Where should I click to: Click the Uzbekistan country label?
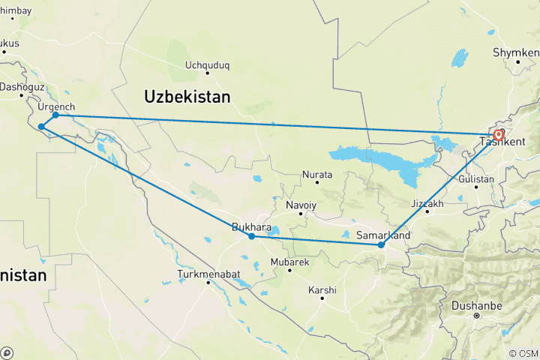pos(187,97)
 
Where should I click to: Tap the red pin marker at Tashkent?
pos(499,135)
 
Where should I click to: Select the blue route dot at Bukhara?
pos(252,236)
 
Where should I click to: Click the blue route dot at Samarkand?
pos(381,244)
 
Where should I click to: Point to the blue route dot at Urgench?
pos(55,115)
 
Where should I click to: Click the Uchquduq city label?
pos(207,65)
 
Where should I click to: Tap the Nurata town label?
pos(316,174)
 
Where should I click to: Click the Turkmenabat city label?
pos(208,274)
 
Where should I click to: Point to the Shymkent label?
pos(516,53)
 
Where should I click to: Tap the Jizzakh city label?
pos(427,203)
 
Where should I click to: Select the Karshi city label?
pos(322,289)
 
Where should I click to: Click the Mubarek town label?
pos(289,262)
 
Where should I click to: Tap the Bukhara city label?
pos(251,226)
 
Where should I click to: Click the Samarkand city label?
pos(382,235)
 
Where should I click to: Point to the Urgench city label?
pos(56,106)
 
